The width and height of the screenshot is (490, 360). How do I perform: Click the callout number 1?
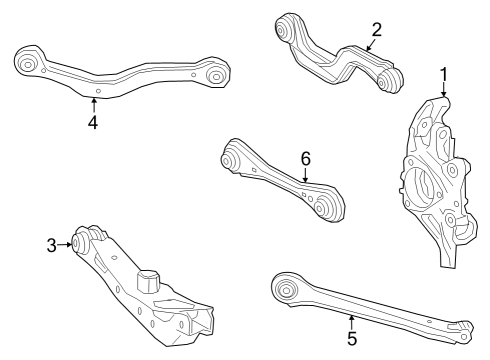[x=444, y=75]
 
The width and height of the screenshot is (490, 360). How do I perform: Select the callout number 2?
[x=376, y=29]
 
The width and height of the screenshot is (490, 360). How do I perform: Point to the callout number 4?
[x=92, y=123]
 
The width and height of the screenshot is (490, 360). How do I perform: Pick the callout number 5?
[x=352, y=338]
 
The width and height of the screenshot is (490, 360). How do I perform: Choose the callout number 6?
[x=306, y=157]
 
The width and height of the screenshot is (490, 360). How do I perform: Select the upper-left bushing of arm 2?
[x=291, y=30]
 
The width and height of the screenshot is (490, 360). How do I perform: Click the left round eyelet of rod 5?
[x=284, y=290]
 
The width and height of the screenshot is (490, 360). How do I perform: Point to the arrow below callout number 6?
[x=306, y=175]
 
